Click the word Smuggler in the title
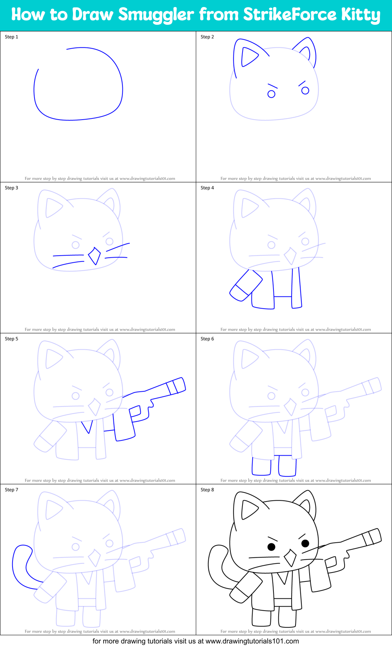pyautogui.click(x=156, y=15)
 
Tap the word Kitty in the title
pyautogui.click(x=360, y=15)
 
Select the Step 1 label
pyautogui.click(x=11, y=37)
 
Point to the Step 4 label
pyautogui.click(x=207, y=188)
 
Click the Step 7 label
pyautogui.click(x=11, y=490)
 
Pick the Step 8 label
pyautogui.click(x=207, y=490)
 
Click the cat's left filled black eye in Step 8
pyautogui.click(x=271, y=547)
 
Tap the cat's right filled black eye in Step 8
pyautogui.click(x=305, y=543)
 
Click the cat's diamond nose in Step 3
pyautogui.click(x=94, y=256)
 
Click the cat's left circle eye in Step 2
pyautogui.click(x=271, y=94)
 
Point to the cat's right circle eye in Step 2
pyautogui.click(x=305, y=91)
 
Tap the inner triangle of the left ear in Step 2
pyautogui.click(x=248, y=57)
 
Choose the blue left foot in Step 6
pyautogui.click(x=261, y=466)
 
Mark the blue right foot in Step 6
pyautogui.click(x=287, y=466)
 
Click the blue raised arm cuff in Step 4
pyautogui.click(x=239, y=294)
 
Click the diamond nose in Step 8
pyautogui.click(x=290, y=558)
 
